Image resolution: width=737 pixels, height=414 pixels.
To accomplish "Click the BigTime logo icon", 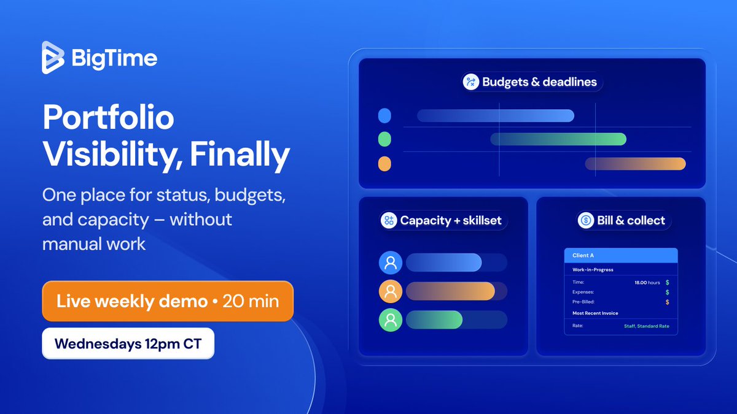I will [x=53, y=58].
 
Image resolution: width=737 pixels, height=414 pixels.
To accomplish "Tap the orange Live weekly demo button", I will [x=168, y=301].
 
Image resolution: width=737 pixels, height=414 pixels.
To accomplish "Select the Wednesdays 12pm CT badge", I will [x=128, y=344].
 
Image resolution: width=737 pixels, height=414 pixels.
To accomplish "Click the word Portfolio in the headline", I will [x=109, y=118].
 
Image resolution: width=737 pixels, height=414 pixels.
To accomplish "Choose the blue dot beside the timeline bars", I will [x=384, y=115].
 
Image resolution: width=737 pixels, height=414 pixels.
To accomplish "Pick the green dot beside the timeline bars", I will [x=384, y=139].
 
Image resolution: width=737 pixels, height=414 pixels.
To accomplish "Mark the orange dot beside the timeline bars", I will [x=384, y=164].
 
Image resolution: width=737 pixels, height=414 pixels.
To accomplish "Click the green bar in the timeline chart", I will [x=558, y=139].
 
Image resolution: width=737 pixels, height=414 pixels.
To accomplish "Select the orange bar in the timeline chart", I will [x=635, y=164].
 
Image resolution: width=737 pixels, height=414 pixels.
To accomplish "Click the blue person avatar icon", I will [x=391, y=263].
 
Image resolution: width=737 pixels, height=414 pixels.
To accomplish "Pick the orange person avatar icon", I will [x=391, y=291].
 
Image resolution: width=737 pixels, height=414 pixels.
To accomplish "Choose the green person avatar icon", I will [x=391, y=320].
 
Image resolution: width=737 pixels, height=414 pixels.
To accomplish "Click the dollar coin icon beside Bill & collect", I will [x=587, y=221].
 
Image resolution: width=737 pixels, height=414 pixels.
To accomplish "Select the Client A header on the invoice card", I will [x=583, y=255].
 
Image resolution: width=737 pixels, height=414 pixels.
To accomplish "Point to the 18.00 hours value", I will [x=647, y=283].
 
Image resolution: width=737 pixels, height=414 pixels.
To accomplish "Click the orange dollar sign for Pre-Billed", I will [x=667, y=302].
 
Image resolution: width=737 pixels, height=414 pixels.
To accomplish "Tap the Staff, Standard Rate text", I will [x=646, y=326].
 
